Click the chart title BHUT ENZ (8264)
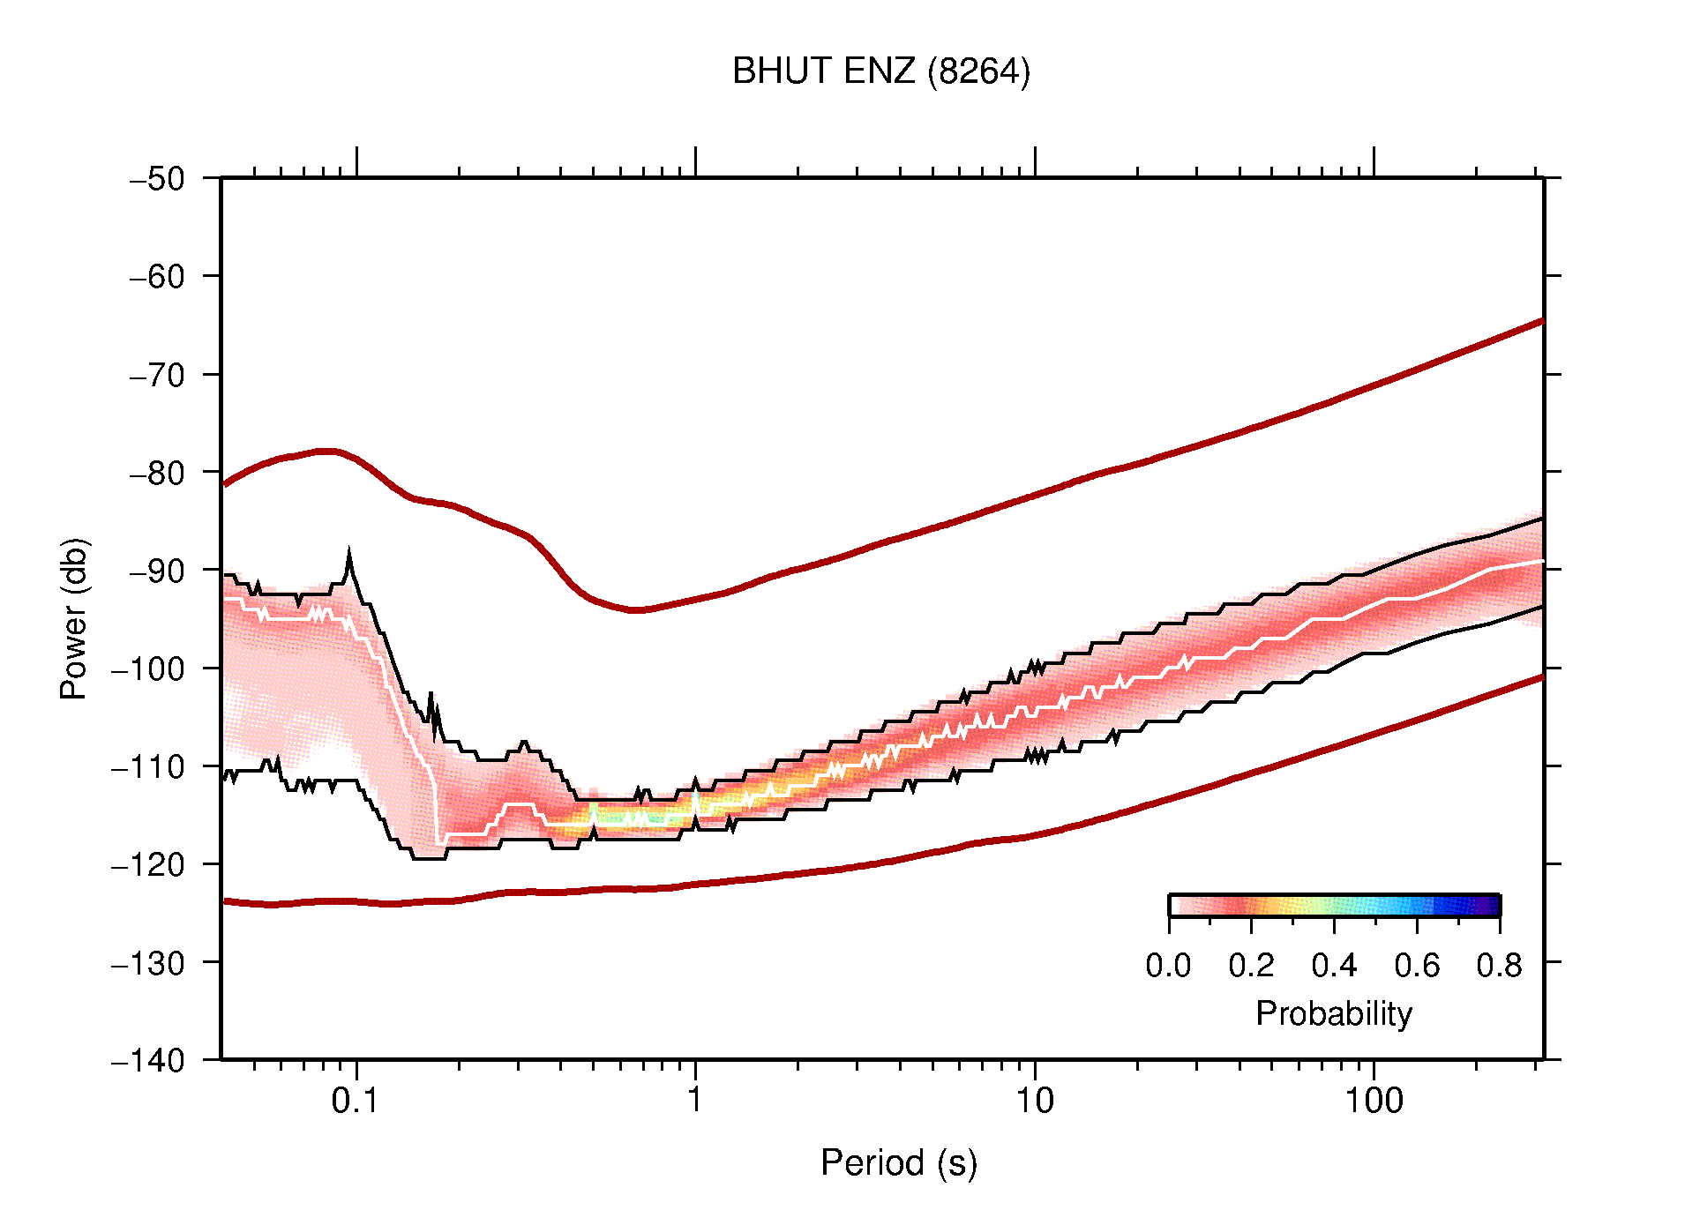880,71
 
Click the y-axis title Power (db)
74,618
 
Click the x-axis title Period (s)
898,1163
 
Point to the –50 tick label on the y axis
158,179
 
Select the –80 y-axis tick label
158,473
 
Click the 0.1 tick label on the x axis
356,1101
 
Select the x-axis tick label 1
695,1101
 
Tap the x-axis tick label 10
1034,1101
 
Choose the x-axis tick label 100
1373,1101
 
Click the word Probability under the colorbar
1333,1014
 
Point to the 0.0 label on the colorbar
1168,966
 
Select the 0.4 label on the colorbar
1334,966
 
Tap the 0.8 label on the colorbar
1499,966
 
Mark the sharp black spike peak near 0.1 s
349,553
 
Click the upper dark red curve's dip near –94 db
637,609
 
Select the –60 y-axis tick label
158,277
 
